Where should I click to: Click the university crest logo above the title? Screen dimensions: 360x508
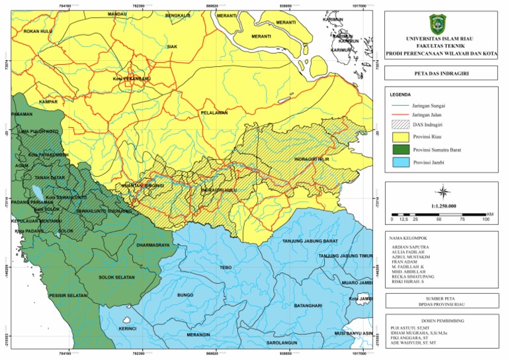tap(441, 24)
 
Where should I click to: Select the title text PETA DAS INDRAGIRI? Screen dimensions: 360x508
tap(441, 74)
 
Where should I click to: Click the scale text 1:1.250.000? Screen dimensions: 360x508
tap(441, 208)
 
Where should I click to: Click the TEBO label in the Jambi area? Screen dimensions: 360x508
tap(225, 267)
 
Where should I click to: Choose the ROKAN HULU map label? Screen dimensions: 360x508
tap(37, 30)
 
